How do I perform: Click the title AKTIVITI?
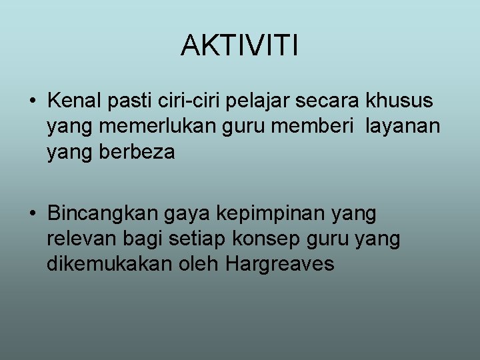click(239, 46)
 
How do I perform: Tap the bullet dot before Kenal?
click(32, 102)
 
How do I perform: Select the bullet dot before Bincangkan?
click(32, 215)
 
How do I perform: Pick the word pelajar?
click(255, 102)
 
